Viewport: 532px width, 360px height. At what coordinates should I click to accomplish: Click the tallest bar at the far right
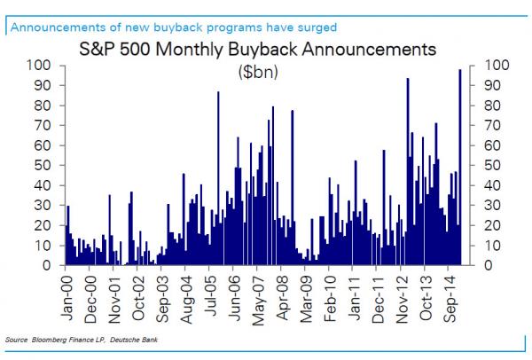tap(459, 168)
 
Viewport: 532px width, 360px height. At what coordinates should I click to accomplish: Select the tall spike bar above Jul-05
tap(218, 177)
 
